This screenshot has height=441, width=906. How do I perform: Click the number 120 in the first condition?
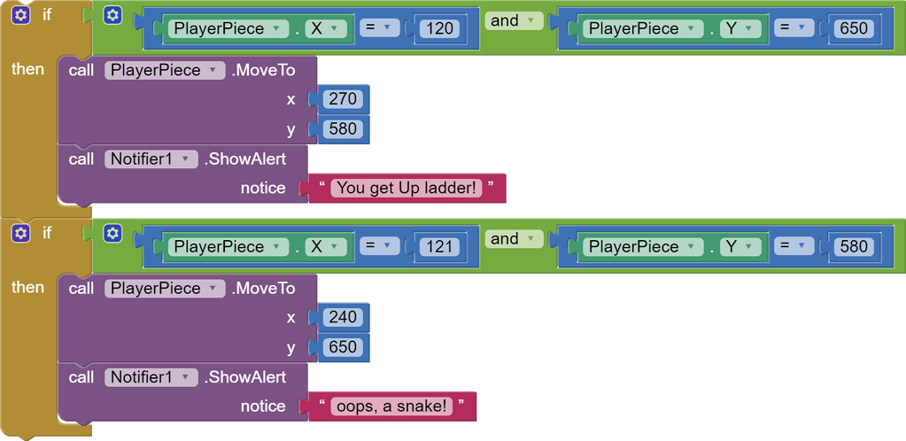click(439, 28)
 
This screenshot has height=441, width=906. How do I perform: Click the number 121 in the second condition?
click(439, 247)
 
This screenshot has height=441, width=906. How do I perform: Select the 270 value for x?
click(342, 99)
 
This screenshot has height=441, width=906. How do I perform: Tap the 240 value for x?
click(342, 317)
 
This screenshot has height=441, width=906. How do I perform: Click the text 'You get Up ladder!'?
click(407, 188)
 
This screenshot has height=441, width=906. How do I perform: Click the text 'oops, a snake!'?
click(391, 406)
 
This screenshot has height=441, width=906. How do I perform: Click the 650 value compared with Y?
click(854, 28)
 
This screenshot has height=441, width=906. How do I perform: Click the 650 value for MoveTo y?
click(342, 347)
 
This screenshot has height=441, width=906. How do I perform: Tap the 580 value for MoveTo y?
click(342, 129)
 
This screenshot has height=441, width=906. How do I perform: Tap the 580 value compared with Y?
click(854, 247)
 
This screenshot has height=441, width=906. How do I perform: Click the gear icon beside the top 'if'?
click(21, 15)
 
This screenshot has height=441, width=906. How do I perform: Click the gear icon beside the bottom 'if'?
click(21, 234)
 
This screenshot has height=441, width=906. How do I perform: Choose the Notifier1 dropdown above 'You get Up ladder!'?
click(150, 159)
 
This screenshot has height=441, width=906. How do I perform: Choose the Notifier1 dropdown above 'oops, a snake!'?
click(150, 377)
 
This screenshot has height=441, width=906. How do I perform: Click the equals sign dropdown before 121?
click(379, 247)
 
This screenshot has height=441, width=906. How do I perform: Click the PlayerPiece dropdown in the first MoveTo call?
click(165, 70)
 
